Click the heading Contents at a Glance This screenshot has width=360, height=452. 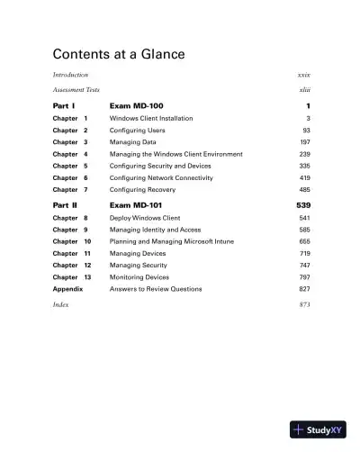[118, 54]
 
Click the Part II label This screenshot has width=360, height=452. [67, 206]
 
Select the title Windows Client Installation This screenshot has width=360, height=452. [151, 118]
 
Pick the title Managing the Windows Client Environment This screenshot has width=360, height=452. [175, 154]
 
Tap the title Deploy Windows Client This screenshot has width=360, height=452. [145, 218]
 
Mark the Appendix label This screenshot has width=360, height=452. [67, 289]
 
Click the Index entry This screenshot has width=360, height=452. [61, 305]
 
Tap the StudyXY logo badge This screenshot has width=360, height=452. [318, 429]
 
